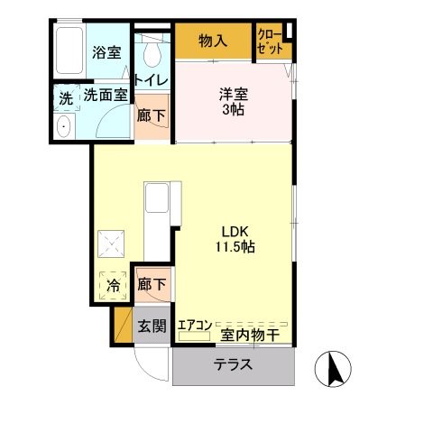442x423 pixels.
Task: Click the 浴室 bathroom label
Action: point(106,52)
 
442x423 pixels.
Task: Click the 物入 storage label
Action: point(212,41)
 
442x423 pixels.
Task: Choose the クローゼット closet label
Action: point(268,41)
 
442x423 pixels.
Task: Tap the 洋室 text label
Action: point(233,92)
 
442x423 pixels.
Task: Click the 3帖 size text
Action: point(233,109)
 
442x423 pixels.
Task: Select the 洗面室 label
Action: point(106,93)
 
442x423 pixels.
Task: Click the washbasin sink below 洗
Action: point(63,127)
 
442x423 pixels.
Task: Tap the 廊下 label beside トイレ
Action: point(150,115)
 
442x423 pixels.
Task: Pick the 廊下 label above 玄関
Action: point(151,284)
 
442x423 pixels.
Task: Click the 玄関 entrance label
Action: point(151,326)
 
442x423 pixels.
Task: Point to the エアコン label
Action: point(194,326)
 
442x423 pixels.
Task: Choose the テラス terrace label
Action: point(233,366)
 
